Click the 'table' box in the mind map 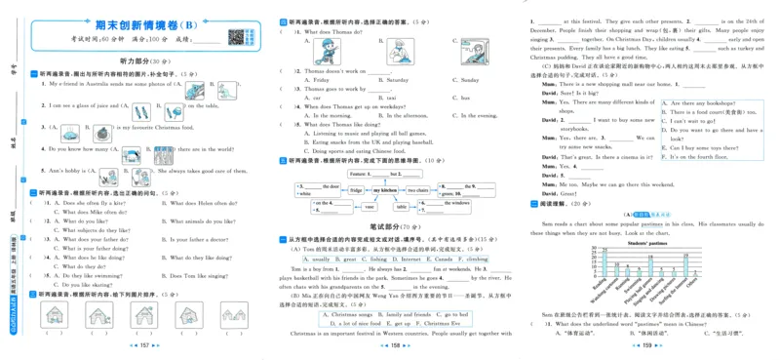[x=401, y=207]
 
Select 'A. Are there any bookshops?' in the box [x=708, y=100]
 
